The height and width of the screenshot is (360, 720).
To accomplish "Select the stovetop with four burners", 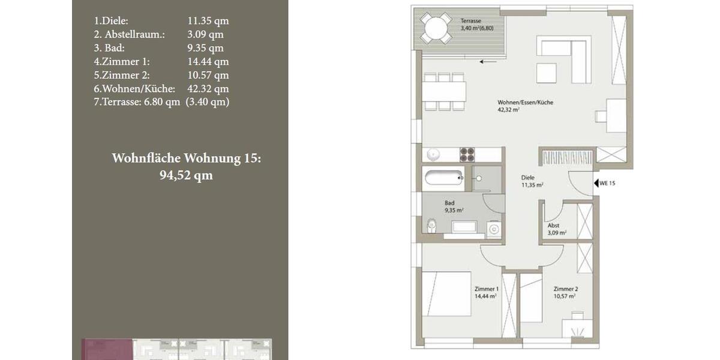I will tap(467, 154).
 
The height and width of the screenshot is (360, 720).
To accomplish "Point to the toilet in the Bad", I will tap(430, 226).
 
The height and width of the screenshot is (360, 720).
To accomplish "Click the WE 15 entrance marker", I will tap(604, 183).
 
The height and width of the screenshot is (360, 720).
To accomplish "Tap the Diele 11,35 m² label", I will tap(532, 182).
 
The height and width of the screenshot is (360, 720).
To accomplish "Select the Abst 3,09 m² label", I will tap(557, 229).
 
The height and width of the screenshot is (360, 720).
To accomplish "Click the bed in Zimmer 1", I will tap(447, 293).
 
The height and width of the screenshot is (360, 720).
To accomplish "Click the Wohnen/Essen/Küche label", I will tap(525, 106).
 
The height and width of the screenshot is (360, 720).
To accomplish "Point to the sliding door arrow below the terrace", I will tap(487, 61).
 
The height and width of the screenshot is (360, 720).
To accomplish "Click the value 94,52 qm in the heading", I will tap(186, 176).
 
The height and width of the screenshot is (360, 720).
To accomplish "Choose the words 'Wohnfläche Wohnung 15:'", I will tap(187, 158).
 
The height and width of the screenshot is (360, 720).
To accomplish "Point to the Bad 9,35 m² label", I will tap(454, 206).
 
